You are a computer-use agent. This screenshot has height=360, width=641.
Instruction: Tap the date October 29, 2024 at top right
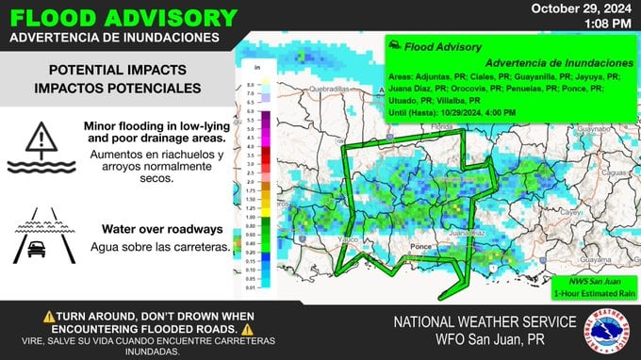(x=583, y=8)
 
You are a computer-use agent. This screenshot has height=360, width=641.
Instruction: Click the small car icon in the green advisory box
(x=397, y=45)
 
